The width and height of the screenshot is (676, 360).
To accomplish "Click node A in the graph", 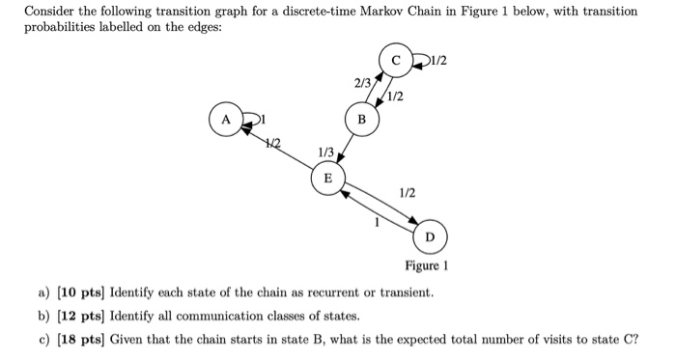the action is click(228, 121).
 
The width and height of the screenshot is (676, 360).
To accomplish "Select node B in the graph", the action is click(362, 121).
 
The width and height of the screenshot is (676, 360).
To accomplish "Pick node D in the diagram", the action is click(430, 235).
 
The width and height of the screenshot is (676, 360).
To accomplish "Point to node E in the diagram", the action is click(326, 178).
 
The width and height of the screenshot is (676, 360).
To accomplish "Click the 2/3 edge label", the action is click(362, 84).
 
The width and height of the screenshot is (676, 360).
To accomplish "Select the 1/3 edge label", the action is click(325, 152).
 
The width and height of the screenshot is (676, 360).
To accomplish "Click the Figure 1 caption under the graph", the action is click(427, 265).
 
